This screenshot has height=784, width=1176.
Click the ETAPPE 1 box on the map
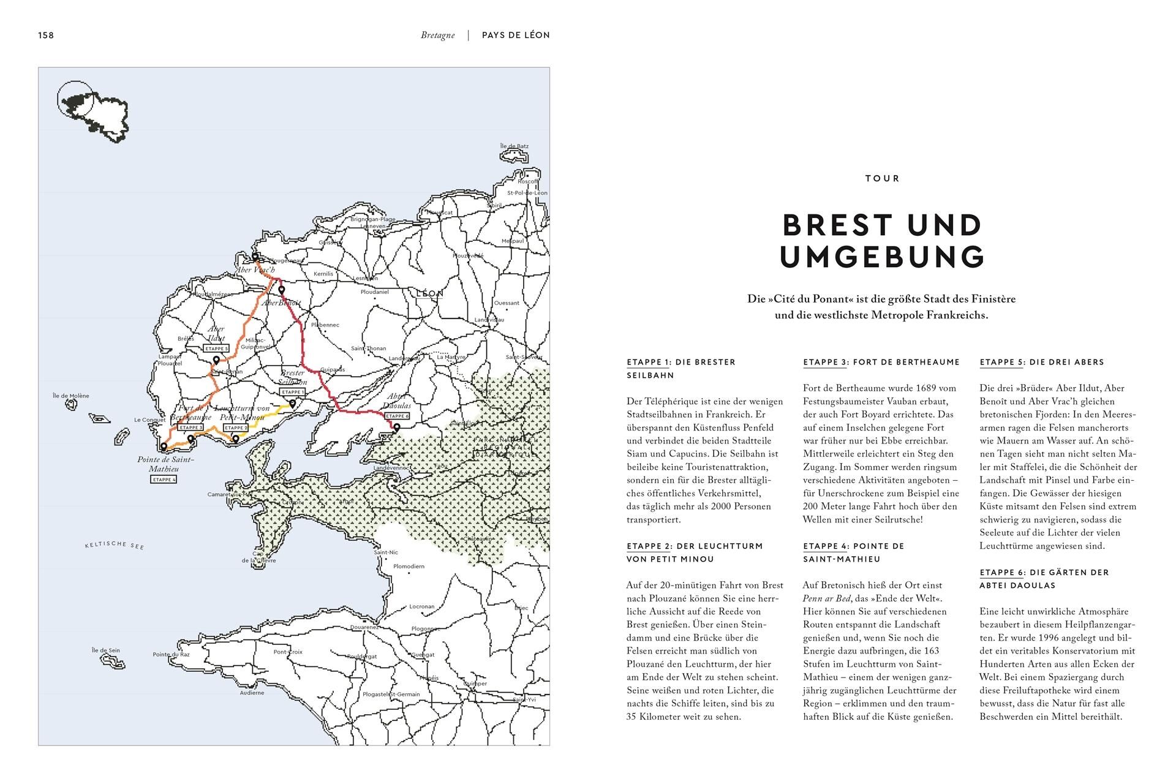coord(292,392)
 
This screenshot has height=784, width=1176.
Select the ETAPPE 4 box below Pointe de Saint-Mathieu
coord(164,480)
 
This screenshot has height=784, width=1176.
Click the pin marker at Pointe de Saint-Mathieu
coord(164,447)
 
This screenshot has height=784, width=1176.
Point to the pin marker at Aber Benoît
coord(281,290)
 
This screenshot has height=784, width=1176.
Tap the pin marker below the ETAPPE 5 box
coord(216,361)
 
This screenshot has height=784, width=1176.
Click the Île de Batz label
coord(514,146)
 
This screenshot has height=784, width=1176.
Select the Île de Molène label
coord(71,396)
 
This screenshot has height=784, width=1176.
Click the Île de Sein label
coord(105,650)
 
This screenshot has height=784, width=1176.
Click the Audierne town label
coord(252,693)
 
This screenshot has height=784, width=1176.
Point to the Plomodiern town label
coord(409,567)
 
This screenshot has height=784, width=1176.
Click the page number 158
coord(46,36)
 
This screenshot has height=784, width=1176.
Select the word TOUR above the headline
coord(882,178)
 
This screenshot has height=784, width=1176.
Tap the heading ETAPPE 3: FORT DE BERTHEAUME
coord(881,362)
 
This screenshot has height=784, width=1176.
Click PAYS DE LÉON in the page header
coord(516,36)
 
